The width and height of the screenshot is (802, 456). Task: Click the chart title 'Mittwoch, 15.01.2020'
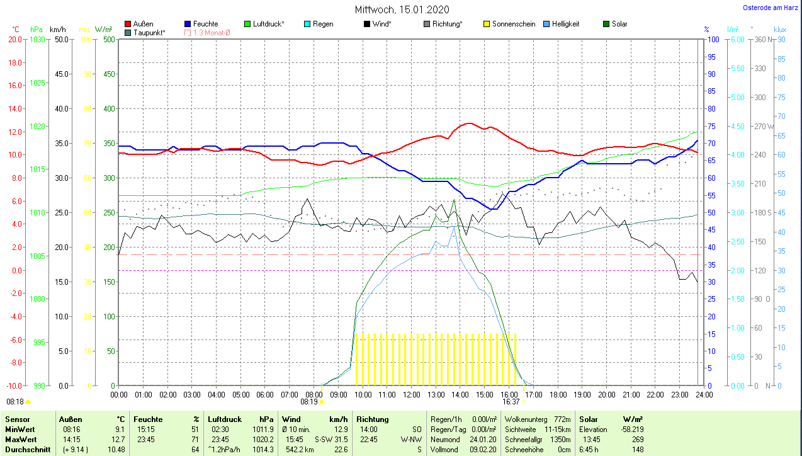(x=402, y=10)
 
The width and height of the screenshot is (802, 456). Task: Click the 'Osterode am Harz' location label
(x=770, y=8)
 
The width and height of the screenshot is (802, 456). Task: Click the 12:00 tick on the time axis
(x=412, y=395)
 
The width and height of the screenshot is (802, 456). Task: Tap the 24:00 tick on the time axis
(x=704, y=395)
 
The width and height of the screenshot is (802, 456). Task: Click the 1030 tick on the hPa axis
(x=37, y=39)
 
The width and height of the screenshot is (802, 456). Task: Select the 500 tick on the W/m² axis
(x=109, y=39)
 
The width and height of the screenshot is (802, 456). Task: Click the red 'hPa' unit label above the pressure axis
(x=37, y=30)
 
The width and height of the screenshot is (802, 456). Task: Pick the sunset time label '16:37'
(x=511, y=401)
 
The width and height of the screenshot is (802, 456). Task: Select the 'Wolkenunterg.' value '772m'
(x=563, y=419)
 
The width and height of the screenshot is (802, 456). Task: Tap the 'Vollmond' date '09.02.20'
(x=483, y=450)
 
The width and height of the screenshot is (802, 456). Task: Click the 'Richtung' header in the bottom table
(x=372, y=419)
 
